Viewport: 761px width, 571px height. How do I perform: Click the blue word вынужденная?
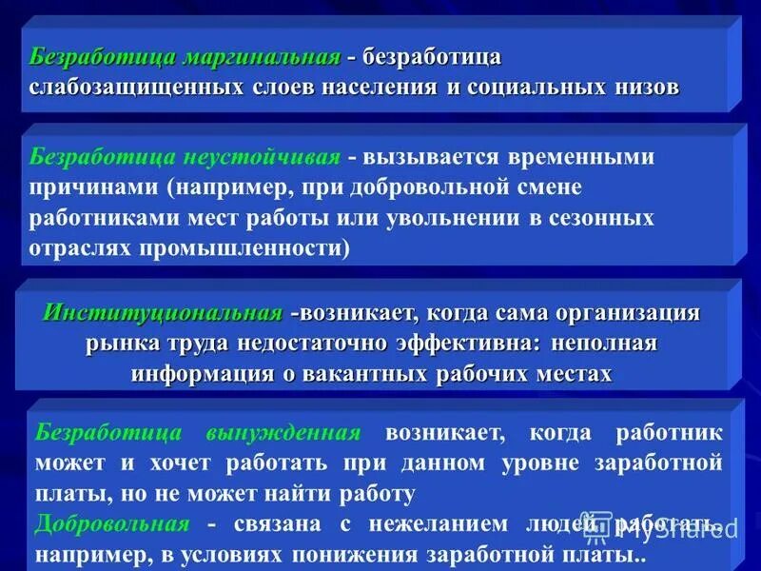283,433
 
